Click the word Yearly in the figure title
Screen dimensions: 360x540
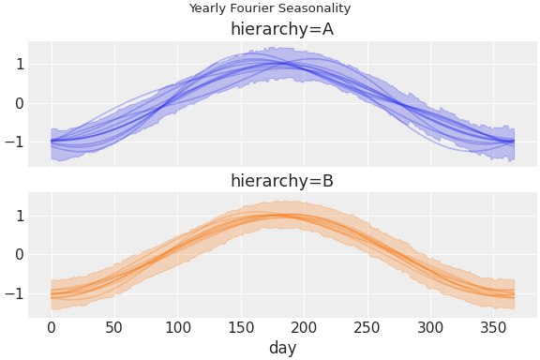pyautogui.click(x=207, y=8)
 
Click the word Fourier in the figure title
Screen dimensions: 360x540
pyautogui.click(x=251, y=8)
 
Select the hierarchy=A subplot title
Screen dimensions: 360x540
pyautogui.click(x=282, y=29)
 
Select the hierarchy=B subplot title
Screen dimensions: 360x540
pyautogui.click(x=282, y=181)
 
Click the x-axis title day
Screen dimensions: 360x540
pyautogui.click(x=282, y=348)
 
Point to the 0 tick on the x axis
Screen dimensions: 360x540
pyautogui.click(x=52, y=327)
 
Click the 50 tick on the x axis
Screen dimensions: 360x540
pyautogui.click(x=114, y=327)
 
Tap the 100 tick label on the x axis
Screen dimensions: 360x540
pyautogui.click(x=178, y=327)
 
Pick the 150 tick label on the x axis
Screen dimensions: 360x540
pyautogui.click(x=242, y=327)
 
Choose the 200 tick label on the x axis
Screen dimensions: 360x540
pyautogui.click(x=305, y=327)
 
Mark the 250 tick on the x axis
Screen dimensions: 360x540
pyautogui.click(x=368, y=327)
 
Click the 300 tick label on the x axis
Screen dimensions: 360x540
pyautogui.click(x=432, y=327)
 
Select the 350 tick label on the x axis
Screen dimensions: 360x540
pyautogui.click(x=495, y=327)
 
